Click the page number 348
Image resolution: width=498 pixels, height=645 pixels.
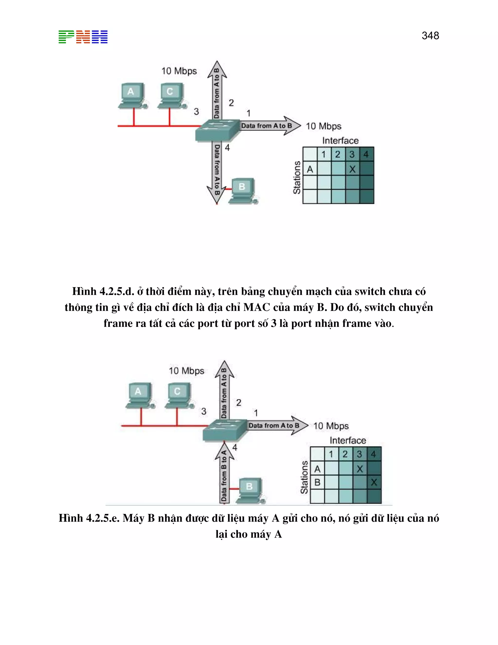430,36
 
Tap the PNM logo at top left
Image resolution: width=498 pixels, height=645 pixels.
83,37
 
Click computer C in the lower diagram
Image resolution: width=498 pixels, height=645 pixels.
178,395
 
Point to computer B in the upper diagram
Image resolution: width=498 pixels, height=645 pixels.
242,191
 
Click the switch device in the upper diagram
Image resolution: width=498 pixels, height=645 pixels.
217,130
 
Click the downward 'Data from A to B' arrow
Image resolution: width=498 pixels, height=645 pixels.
217,173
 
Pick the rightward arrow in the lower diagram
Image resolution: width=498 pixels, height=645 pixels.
277,425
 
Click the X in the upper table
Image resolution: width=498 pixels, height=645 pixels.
352,169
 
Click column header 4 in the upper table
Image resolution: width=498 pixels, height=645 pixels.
366,154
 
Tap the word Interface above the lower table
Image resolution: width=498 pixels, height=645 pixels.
347,440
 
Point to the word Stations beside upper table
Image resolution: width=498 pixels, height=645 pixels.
297,177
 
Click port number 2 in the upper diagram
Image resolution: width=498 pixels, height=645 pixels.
231,103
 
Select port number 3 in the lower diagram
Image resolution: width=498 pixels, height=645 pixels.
204,411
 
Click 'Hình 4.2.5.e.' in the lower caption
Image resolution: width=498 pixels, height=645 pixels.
89,518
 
